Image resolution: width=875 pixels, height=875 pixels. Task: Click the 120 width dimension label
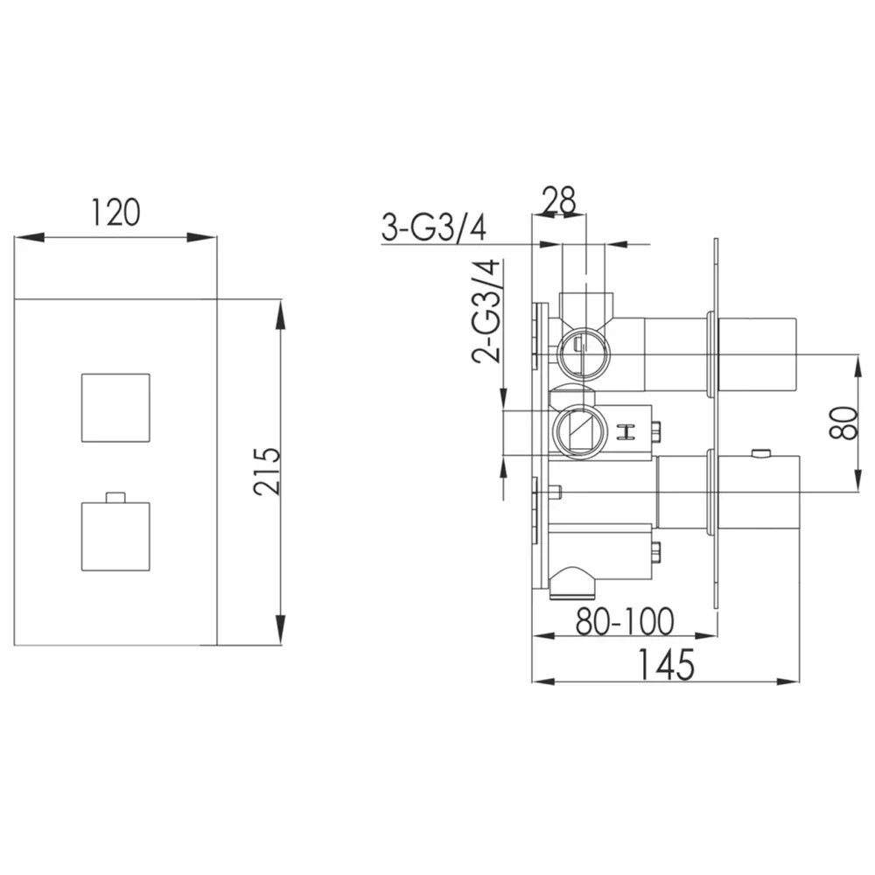pyautogui.click(x=115, y=213)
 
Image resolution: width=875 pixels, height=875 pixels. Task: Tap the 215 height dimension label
pyautogui.click(x=266, y=471)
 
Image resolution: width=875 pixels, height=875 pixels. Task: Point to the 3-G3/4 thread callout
pyautogui.click(x=434, y=227)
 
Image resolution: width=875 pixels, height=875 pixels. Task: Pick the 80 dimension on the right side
pyautogui.click(x=843, y=423)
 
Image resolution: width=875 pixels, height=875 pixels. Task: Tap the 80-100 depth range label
pyautogui.click(x=625, y=621)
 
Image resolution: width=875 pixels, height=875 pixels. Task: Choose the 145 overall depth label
pyautogui.click(x=666, y=665)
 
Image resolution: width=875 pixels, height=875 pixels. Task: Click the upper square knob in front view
pyautogui.click(x=116, y=408)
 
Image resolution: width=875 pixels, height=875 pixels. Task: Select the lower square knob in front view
pyautogui.click(x=116, y=536)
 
